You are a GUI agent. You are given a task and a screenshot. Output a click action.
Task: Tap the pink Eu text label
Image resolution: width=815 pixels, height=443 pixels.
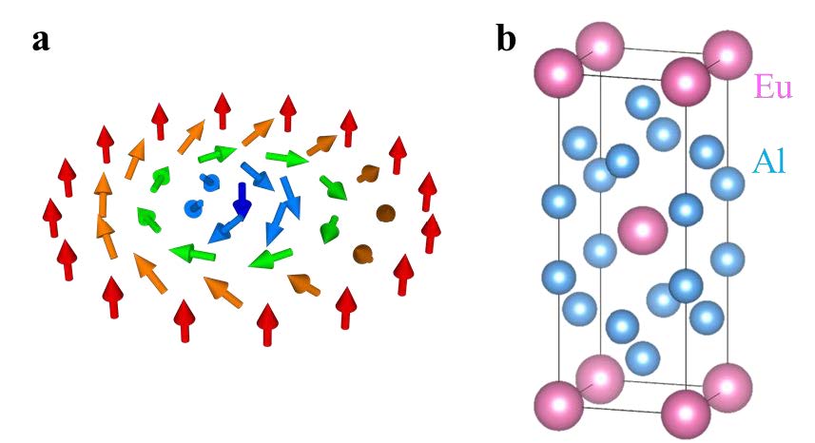(x=773, y=87)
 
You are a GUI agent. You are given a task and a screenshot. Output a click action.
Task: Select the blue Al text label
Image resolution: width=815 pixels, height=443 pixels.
(x=768, y=161)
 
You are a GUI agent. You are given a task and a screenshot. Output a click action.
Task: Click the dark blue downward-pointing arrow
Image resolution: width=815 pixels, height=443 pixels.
(x=242, y=199)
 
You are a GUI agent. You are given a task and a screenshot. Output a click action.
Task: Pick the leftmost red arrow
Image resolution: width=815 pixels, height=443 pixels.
(x=52, y=217)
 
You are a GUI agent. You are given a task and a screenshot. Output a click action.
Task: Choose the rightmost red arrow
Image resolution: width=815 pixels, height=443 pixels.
(x=431, y=233)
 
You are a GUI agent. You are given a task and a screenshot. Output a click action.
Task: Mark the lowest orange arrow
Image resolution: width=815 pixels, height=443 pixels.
(x=223, y=292)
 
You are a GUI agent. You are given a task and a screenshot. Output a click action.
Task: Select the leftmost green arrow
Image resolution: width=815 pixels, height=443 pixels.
(x=148, y=219)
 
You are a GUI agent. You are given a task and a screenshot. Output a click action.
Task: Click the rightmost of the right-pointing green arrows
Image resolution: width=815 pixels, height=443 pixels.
(x=287, y=158)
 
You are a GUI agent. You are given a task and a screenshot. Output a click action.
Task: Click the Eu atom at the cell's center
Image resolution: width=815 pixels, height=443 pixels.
(x=643, y=230)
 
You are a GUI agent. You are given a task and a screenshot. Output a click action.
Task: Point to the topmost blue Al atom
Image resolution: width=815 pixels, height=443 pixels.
(x=643, y=103)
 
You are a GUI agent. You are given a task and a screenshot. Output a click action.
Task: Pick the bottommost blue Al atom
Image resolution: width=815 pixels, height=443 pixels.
(x=643, y=358)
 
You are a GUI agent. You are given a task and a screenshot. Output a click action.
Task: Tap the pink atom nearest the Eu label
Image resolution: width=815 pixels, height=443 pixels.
(x=728, y=55)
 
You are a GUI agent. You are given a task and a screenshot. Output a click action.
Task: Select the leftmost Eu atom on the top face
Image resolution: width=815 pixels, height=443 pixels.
(x=559, y=73)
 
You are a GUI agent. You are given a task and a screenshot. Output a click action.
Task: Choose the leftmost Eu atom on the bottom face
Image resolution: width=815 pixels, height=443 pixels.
(x=559, y=406)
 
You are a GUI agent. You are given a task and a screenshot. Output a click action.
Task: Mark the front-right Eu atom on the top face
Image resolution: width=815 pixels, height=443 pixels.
(x=686, y=82)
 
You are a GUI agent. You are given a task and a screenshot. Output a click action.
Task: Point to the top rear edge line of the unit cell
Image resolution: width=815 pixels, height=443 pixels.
(x=664, y=51)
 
